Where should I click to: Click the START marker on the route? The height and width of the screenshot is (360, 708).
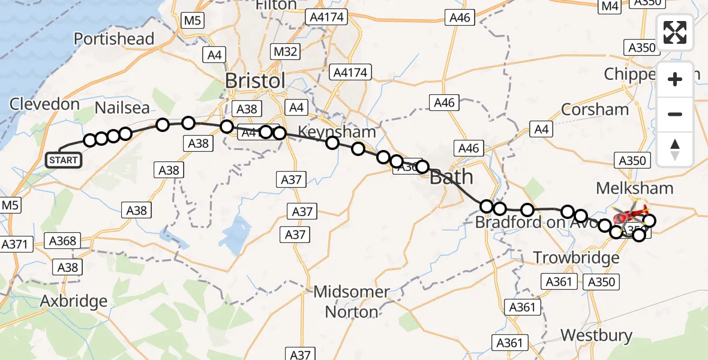coord(64,160)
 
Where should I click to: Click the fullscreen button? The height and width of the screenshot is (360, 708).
coord(675,32)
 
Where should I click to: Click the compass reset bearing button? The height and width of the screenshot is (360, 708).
coord(675,149)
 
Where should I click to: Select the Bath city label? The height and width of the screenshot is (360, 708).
coord(451,177)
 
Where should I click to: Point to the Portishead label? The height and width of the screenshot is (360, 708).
coord(114,39)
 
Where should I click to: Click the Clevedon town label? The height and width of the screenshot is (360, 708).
coord(44,104)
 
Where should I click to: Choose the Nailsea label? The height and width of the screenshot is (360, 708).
coord(122,108)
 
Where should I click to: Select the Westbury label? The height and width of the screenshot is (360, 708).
coord(596,335)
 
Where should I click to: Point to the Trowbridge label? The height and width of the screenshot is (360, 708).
coord(577,258)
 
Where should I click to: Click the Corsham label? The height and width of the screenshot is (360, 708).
coord(595,110)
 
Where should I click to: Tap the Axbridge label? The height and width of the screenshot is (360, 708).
coord(73,301)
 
